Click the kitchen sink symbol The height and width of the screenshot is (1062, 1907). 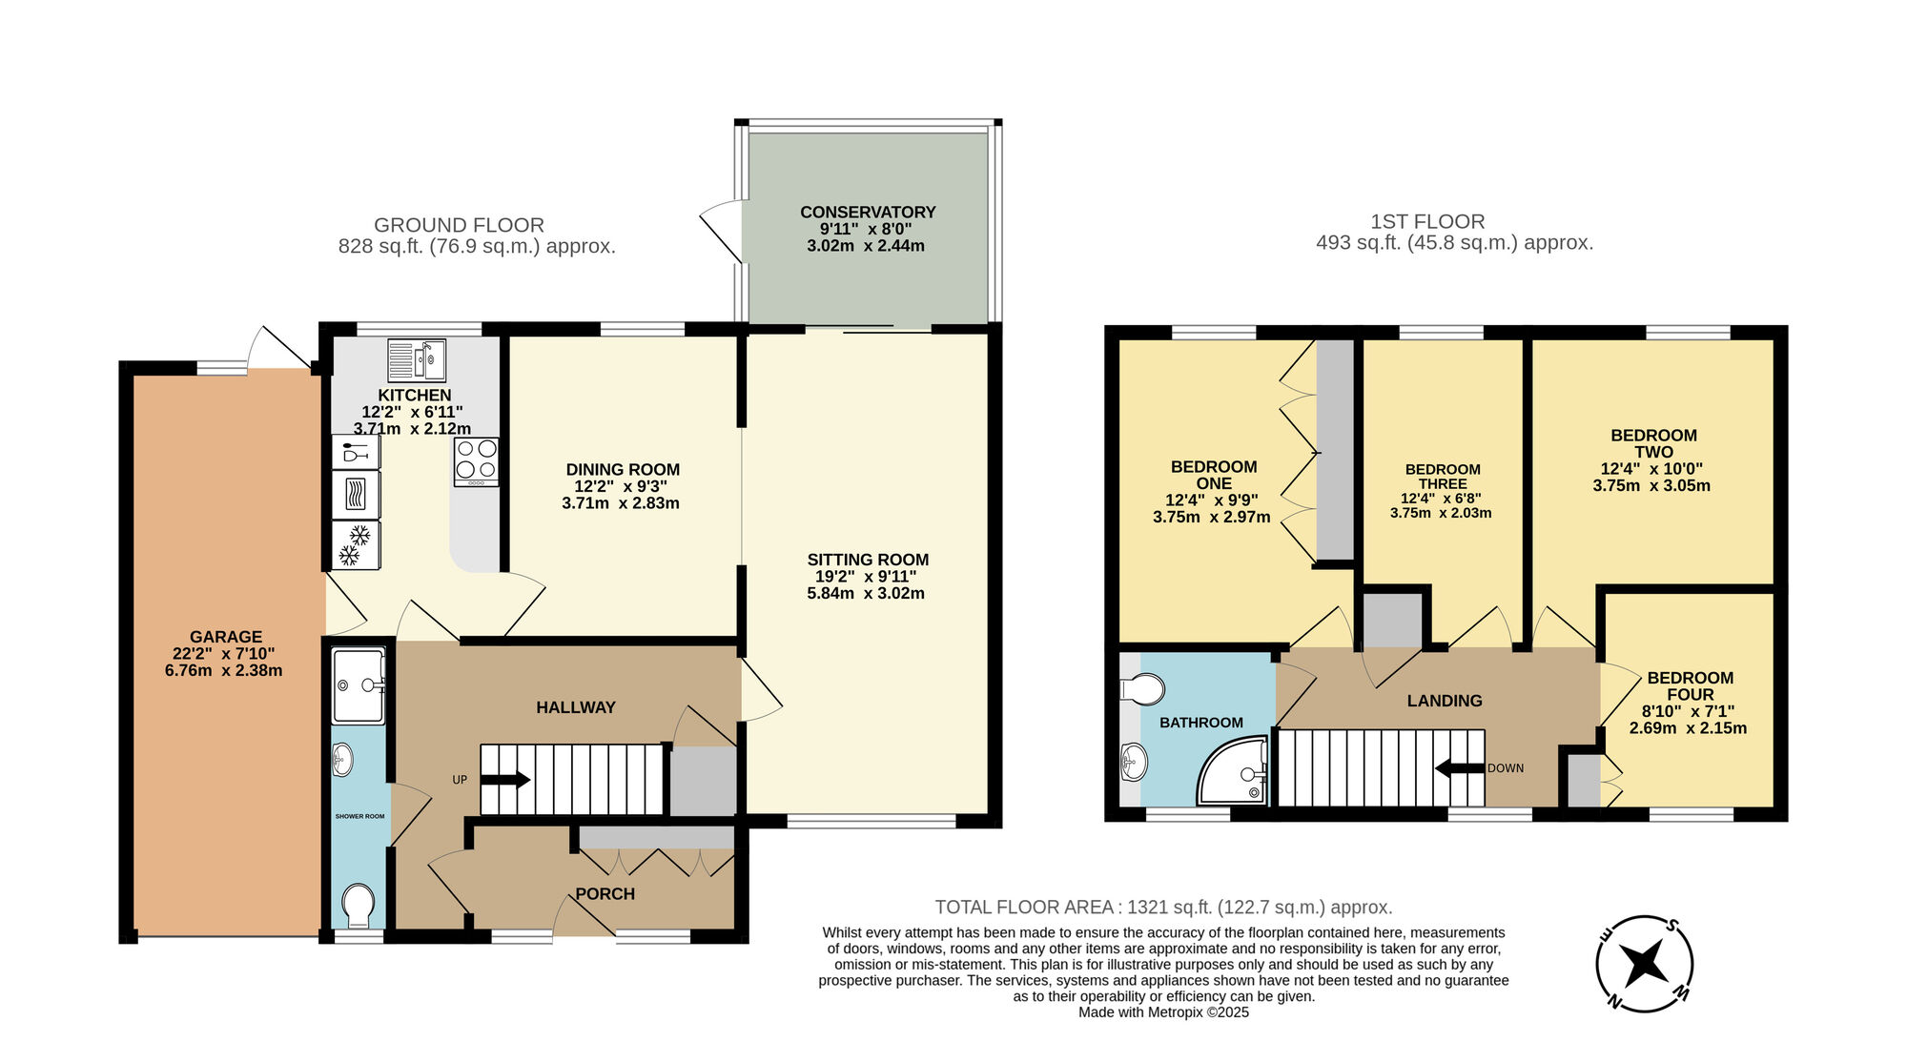[x=417, y=359]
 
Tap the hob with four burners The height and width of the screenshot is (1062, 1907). [x=476, y=460]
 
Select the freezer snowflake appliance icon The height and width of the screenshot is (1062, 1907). [x=356, y=545]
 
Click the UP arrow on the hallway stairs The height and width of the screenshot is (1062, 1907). [x=505, y=780]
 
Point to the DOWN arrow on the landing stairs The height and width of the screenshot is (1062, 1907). [x=1459, y=767]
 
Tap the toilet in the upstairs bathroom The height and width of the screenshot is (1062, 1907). [x=1144, y=688]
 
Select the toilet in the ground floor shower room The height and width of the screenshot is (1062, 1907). [x=359, y=905]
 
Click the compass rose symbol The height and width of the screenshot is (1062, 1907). [x=1644, y=964]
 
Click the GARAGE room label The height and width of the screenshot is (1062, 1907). [x=225, y=637]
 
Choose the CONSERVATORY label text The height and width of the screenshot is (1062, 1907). [x=868, y=212]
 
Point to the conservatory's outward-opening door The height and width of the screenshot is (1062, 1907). [x=722, y=229]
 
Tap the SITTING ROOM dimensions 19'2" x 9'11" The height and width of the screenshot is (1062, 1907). [x=866, y=577]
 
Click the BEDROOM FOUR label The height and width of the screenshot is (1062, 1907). [x=1690, y=686]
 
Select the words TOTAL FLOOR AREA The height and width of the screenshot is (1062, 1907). [x=1024, y=908]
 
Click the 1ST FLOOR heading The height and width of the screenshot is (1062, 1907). [x=1427, y=221]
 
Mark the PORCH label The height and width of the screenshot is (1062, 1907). [x=605, y=894]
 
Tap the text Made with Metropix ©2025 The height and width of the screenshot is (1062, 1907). [x=1163, y=1012]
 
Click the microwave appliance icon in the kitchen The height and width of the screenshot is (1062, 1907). [x=356, y=495]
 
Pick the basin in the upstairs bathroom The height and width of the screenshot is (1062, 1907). [x=1135, y=763]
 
